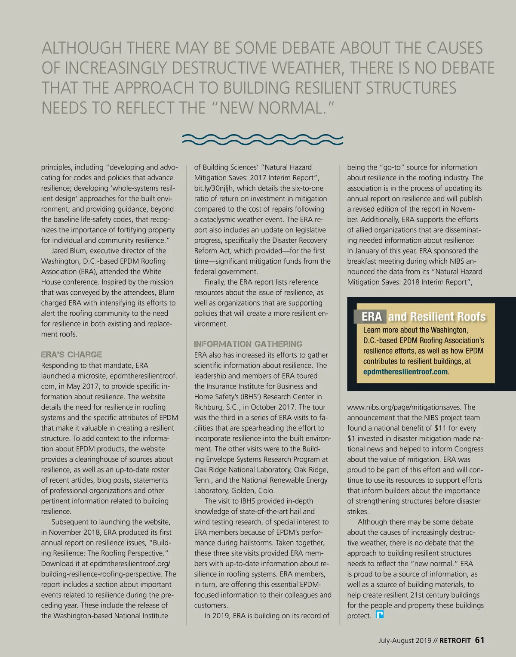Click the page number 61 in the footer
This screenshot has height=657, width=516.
[x=479, y=640]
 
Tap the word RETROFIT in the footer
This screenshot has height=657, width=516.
[x=455, y=641]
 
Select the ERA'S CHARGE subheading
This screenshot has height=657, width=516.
[x=71, y=355]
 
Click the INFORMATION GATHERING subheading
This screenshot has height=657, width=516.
[x=248, y=344]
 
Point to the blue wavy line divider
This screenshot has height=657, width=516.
[x=263, y=139]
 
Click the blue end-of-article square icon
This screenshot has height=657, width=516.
[x=380, y=615]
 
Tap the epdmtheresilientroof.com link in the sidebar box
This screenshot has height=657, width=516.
[x=405, y=372]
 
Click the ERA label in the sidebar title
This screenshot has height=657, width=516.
[x=371, y=317]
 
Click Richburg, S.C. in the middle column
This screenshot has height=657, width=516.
[x=217, y=407]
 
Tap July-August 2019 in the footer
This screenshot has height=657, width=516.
[x=405, y=641]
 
